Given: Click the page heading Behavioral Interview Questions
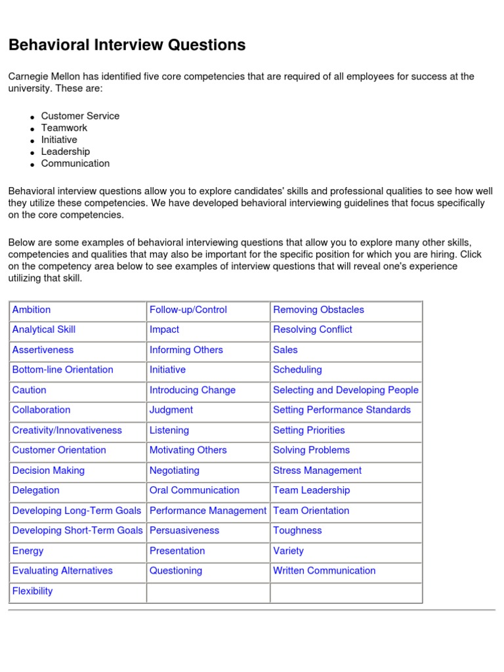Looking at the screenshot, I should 127,45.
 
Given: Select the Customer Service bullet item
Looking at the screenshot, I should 80,116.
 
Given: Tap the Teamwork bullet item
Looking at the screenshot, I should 64,128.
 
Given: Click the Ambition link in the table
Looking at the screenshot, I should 31,310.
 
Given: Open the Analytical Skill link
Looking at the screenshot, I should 44,329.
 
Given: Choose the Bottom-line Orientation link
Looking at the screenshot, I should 62,369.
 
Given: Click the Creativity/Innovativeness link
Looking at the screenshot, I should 67,430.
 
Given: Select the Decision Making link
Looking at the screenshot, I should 49,471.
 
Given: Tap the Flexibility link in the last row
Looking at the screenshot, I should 32,591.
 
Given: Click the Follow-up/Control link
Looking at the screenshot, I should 188,310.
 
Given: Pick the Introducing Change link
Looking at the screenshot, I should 192,390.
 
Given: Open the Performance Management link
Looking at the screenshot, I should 208,511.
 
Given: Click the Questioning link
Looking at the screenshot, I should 176,571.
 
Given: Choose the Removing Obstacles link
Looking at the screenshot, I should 318,310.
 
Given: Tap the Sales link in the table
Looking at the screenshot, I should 285,350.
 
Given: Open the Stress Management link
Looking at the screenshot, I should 317,471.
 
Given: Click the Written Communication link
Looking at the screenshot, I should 324,571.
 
